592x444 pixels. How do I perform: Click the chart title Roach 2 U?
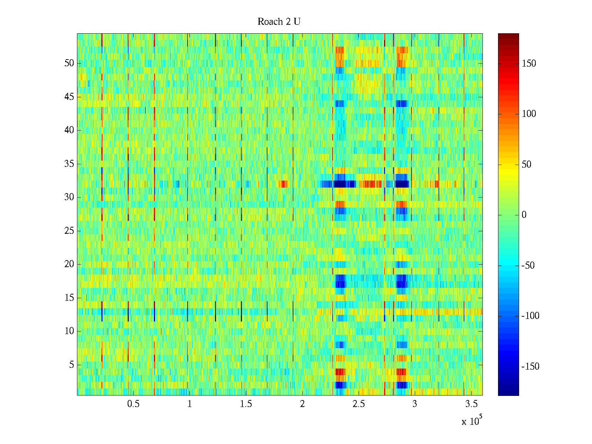point(279,22)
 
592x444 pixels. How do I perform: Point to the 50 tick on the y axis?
point(69,63)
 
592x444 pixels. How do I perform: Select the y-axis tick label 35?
point(69,164)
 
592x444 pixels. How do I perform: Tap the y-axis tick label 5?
point(71,365)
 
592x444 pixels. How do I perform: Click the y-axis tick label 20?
point(69,264)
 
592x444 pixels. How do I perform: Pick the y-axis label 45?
point(69,97)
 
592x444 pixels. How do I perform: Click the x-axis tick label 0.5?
point(133,404)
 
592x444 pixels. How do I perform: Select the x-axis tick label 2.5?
point(359,404)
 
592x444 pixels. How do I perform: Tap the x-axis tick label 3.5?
point(471,404)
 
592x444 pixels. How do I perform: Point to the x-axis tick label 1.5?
point(246,404)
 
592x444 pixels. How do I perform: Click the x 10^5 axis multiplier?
point(471,421)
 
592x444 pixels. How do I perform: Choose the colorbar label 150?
point(529,64)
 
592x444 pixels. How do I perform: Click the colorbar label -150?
point(530,367)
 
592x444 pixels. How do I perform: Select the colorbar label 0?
point(524,215)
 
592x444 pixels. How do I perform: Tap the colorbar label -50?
point(528,266)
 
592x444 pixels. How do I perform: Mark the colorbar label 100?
point(529,114)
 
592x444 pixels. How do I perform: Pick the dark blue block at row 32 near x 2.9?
point(402,184)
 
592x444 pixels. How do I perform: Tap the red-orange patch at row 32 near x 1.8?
point(283,184)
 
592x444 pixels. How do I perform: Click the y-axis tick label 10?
point(69,331)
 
